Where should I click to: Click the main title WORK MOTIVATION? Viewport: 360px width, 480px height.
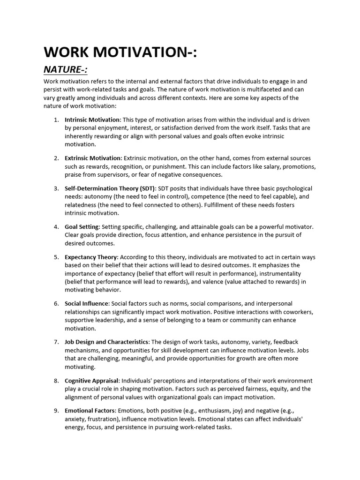[x=120, y=52]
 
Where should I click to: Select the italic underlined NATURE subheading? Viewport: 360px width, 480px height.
[x=66, y=70]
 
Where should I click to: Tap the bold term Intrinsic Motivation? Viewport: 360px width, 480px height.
[x=92, y=120]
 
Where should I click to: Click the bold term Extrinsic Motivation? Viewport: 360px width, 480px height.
[x=93, y=158]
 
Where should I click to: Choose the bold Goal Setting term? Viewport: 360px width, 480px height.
[x=82, y=227]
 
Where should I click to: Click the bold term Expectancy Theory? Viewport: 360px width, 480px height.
[x=91, y=257]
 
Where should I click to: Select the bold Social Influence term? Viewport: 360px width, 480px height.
[x=87, y=304]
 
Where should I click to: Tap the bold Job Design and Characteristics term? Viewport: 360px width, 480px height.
[x=107, y=342]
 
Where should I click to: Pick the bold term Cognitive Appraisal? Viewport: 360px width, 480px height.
[x=92, y=381]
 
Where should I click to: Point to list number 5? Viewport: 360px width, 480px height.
[x=56, y=257]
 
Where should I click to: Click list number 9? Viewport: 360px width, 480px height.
[x=56, y=411]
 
